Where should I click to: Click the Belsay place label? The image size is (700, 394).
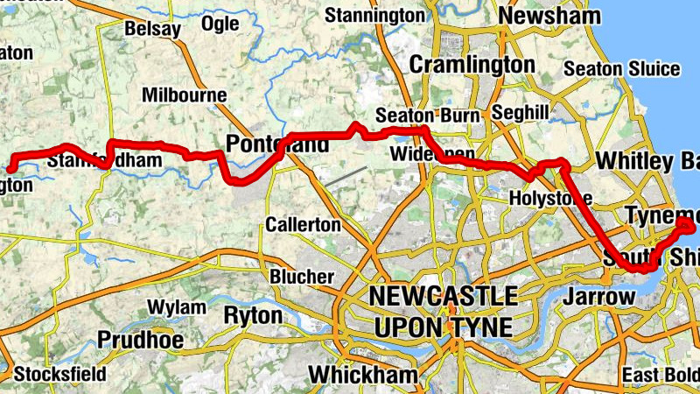pyautogui.click(x=152, y=29)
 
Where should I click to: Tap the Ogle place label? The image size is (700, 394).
pyautogui.click(x=220, y=24)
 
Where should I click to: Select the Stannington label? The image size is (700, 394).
pyautogui.click(x=374, y=15)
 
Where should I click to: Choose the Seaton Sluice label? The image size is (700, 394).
pyautogui.click(x=621, y=68)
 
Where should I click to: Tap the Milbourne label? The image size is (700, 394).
pyautogui.click(x=184, y=95)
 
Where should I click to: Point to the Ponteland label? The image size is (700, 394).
pyautogui.click(x=277, y=144)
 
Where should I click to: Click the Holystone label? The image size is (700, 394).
pyautogui.click(x=550, y=199)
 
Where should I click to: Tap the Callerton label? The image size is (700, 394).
pyautogui.click(x=303, y=224)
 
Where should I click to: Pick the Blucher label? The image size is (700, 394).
pyautogui.click(x=302, y=277)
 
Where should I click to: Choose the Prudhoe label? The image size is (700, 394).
pyautogui.click(x=140, y=339)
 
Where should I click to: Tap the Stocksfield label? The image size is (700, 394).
pyautogui.click(x=59, y=374)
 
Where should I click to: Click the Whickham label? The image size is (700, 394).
pyautogui.click(x=353, y=375)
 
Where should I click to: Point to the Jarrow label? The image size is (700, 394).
pyautogui.click(x=598, y=296)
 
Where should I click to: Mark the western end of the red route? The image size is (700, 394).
pyautogui.click(x=11, y=168)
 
